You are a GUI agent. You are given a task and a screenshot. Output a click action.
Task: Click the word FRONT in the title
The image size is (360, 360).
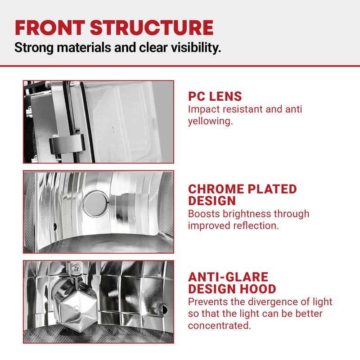(50, 27)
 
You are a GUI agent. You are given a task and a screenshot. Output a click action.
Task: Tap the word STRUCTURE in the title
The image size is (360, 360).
(152, 27)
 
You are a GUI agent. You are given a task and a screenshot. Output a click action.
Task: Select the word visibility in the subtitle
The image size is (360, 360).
(196, 48)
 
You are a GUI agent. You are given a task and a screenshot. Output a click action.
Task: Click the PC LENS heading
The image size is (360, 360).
(215, 96)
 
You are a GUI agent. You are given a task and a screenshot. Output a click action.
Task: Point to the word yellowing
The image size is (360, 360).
(211, 121)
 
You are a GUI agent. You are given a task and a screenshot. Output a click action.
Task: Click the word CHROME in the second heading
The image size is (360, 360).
(216, 189)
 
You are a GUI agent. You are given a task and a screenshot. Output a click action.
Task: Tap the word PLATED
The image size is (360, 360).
(272, 189)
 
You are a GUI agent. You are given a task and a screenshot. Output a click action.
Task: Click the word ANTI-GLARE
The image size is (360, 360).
(228, 277)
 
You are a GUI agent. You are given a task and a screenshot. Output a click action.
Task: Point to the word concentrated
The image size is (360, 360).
(220, 325)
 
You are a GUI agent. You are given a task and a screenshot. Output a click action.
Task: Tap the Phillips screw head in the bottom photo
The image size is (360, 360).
(76, 268)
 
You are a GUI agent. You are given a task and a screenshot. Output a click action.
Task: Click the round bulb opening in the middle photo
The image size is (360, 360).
(96, 204)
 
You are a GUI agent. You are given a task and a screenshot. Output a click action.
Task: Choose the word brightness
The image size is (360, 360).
(246, 214)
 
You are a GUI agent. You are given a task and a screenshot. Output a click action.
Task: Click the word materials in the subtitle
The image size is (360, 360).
(84, 47)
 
